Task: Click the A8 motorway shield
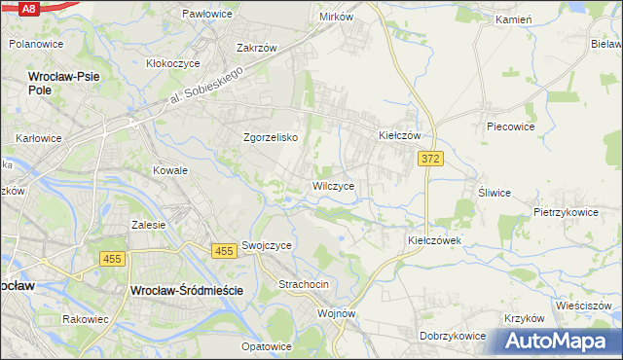(28, 8)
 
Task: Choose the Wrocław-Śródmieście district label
(191, 290)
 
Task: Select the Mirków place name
(336, 18)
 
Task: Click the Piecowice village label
(512, 126)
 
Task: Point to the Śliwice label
(494, 193)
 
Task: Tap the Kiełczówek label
(433, 239)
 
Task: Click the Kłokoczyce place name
(173, 63)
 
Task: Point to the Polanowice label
(36, 44)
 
